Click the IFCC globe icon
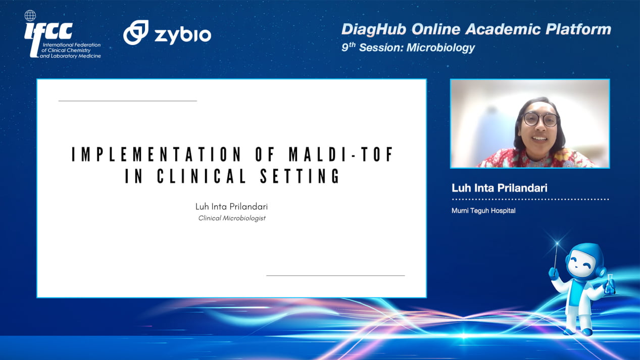pos(30,16)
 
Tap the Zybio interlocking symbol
pos(136,32)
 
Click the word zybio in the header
pos(183,36)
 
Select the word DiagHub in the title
pos(374,29)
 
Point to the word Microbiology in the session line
pos(440,47)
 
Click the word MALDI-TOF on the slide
pos(341,154)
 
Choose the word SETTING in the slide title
pos(300,176)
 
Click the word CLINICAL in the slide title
pos(201,176)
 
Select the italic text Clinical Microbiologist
pos(232,218)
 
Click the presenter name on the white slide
pos(231,207)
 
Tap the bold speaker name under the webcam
pos(500,188)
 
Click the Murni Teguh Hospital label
pos(483,211)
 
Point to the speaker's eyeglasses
pos(540,119)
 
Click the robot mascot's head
pos(584,262)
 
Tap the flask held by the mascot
pos(609,285)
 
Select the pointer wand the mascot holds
pos(556,257)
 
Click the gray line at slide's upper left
pos(128,101)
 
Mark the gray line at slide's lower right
pos(335,276)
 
